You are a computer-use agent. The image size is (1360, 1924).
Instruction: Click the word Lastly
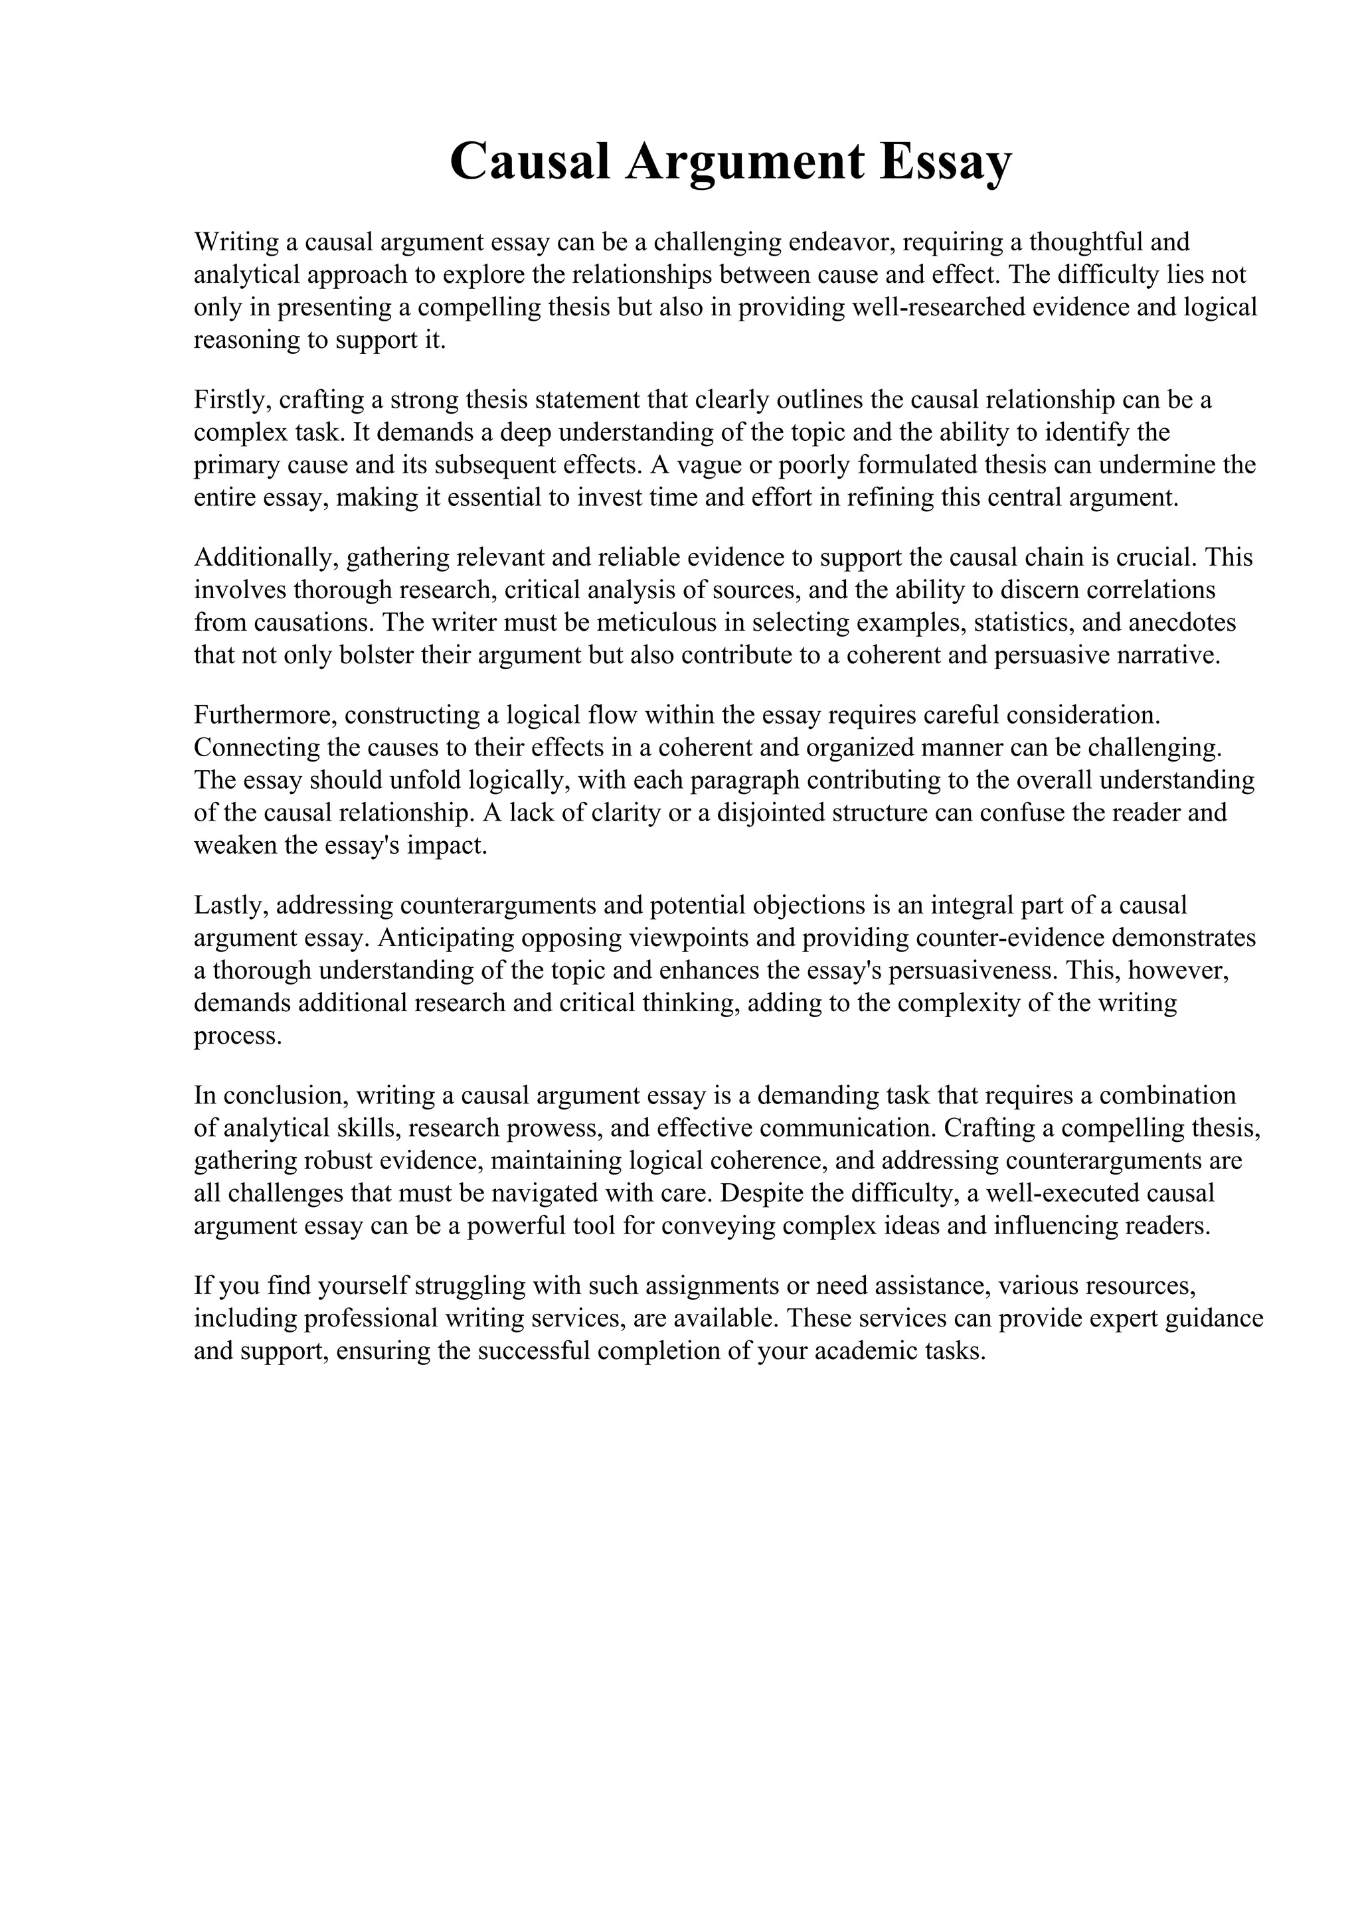[230, 905]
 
